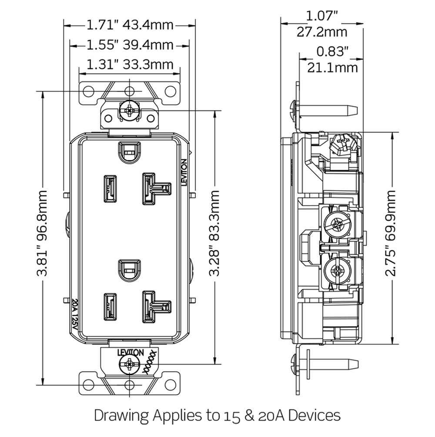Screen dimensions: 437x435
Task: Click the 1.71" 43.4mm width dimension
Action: point(130,25)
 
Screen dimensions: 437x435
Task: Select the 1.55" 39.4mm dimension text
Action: point(130,44)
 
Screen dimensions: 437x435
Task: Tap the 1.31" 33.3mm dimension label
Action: point(130,64)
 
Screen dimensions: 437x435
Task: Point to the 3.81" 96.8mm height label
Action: point(43,234)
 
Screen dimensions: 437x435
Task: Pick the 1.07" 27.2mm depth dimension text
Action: point(321,24)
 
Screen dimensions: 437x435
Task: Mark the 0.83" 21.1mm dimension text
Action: point(332,60)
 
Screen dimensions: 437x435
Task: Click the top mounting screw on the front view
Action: point(130,110)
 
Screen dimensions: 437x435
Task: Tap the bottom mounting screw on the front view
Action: point(130,362)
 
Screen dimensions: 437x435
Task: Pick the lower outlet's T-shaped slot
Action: point(155,306)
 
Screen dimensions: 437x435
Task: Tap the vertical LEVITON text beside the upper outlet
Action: point(184,173)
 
